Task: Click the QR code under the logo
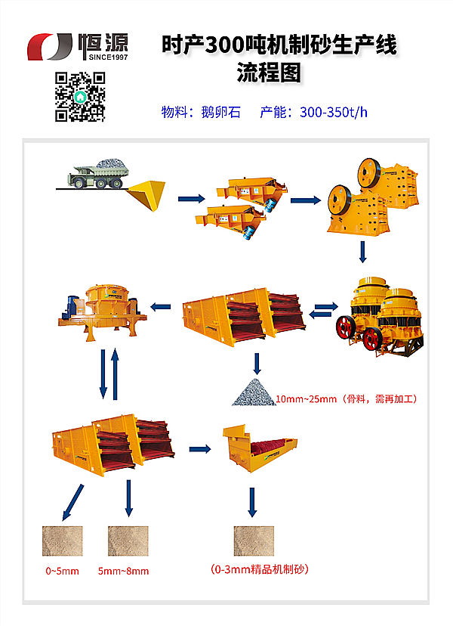(x=81, y=96)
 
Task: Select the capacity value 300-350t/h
(x=333, y=113)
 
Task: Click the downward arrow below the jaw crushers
(x=363, y=253)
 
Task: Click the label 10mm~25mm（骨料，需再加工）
(x=347, y=398)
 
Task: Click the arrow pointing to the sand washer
(x=199, y=449)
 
